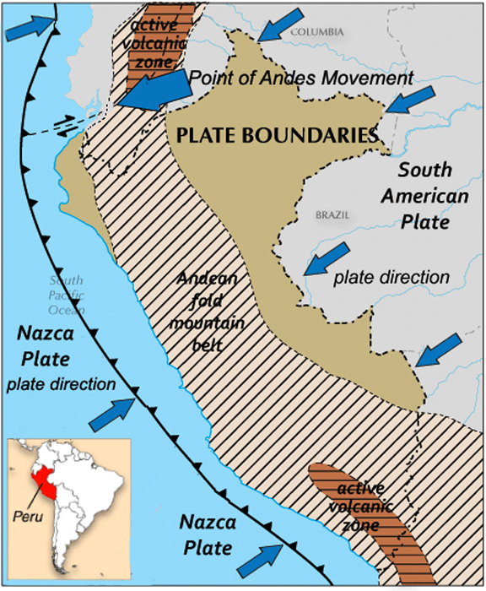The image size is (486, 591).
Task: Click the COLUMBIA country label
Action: coord(317,32)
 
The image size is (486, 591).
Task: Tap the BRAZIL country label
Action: coord(332,214)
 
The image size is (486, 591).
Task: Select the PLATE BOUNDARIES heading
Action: coord(277,134)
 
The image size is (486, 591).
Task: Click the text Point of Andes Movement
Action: coord(301,78)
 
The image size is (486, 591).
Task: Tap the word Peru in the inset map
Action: coord(29,514)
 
